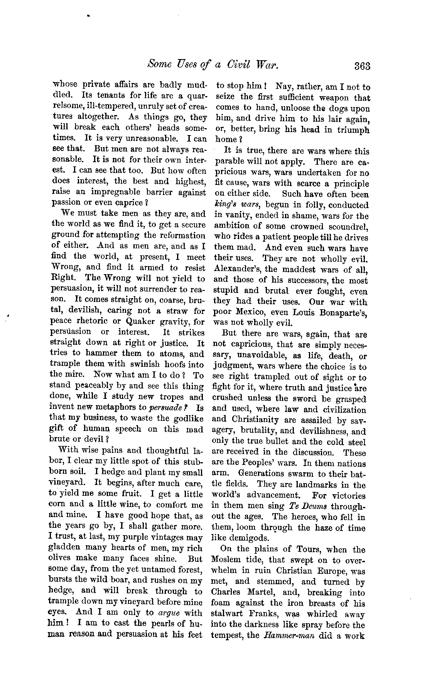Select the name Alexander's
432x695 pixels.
[236, 270]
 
